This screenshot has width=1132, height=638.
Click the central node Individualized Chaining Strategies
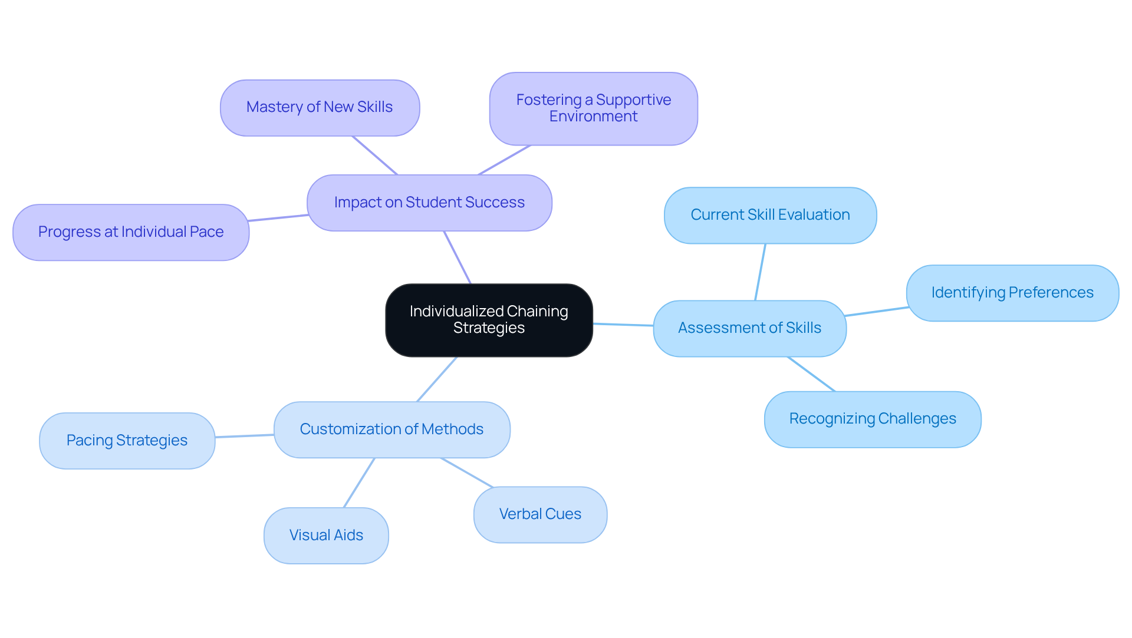[489, 320]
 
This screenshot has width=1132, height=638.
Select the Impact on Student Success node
[429, 203]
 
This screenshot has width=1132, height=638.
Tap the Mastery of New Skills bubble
[320, 108]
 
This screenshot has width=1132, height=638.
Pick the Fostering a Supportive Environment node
[593, 108]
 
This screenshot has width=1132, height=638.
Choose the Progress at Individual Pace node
[131, 232]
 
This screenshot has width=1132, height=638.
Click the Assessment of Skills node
[749, 328]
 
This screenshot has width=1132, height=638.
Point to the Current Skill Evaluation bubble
[770, 215]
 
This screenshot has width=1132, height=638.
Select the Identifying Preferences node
[1012, 293]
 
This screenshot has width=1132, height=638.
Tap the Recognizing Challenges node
[873, 419]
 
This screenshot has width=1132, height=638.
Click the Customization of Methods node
[391, 429]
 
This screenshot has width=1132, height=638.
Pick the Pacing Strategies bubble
[127, 441]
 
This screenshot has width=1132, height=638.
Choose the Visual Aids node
[326, 535]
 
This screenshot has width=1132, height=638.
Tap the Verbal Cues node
[540, 514]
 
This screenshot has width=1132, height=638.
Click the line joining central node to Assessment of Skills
[623, 325]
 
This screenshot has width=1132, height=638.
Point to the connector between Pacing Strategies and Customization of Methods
[245, 436]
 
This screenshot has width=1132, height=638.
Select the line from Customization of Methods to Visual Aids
[359, 482]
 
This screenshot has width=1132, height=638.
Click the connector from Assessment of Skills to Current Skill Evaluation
[761, 272]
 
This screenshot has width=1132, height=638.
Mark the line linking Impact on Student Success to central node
[458, 257]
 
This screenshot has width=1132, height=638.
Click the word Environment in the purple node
[593, 117]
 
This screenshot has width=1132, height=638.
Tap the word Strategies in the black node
[489, 328]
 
